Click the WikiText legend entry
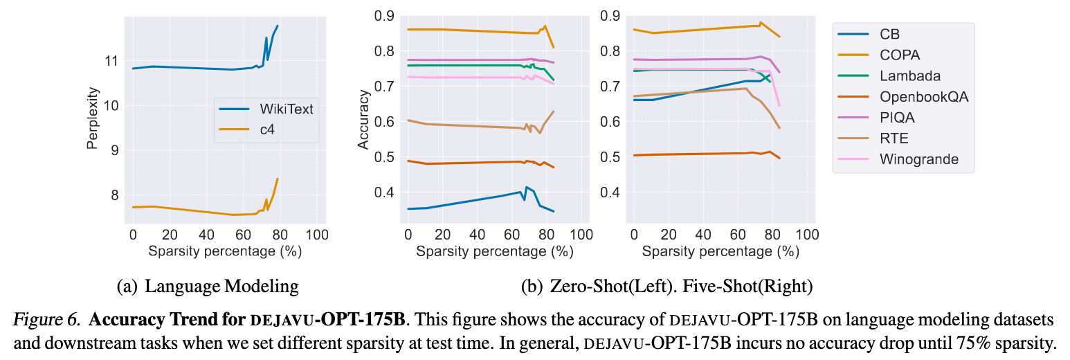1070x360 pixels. tap(266, 109)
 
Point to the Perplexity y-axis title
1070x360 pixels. tap(93, 118)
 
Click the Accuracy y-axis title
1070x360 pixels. tap(363, 120)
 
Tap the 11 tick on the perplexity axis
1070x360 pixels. tap(111, 61)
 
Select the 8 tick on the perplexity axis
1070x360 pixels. tap(115, 195)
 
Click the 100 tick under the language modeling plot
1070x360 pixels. tap(317, 235)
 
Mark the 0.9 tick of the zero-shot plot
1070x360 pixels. tap(384, 16)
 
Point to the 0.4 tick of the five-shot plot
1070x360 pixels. tap(610, 192)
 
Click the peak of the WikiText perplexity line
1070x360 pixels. tap(278, 26)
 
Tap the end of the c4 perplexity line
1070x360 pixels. tap(278, 179)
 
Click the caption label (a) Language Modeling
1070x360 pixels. tap(208, 287)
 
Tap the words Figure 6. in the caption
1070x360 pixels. tap(47, 319)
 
